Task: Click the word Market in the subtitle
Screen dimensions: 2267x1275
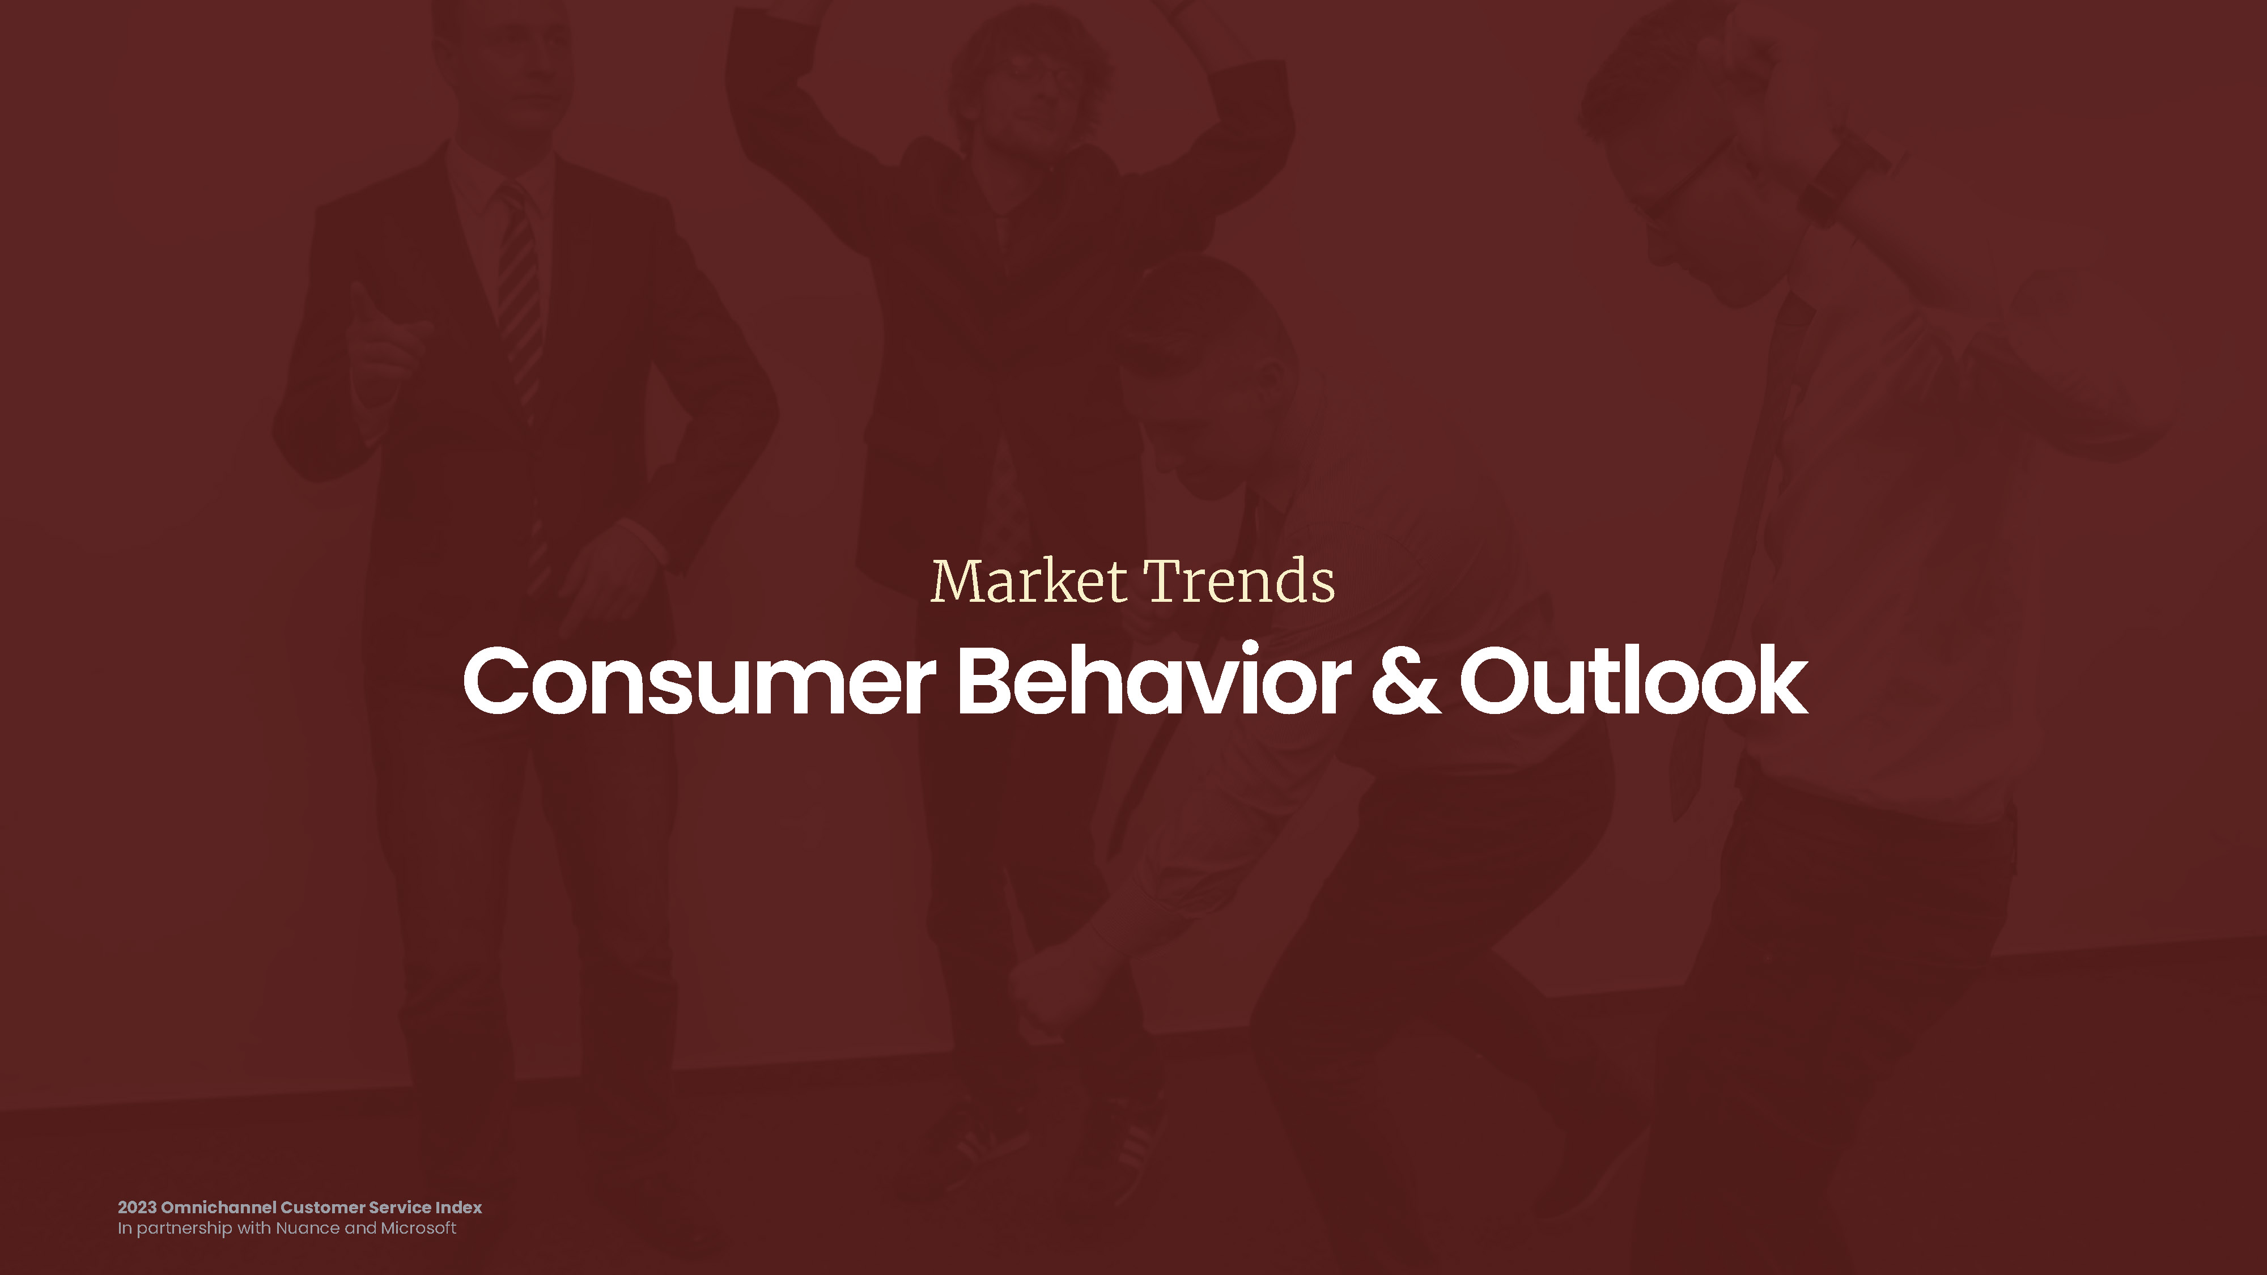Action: click(1028, 581)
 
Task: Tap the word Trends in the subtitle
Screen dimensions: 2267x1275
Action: click(1239, 581)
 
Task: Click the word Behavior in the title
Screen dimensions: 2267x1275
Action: click(1154, 678)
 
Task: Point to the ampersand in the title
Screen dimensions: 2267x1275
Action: click(1406, 679)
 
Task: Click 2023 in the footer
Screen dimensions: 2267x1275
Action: click(137, 1207)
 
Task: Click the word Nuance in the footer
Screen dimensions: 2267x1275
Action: click(307, 1229)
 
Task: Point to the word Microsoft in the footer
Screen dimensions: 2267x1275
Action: click(418, 1229)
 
